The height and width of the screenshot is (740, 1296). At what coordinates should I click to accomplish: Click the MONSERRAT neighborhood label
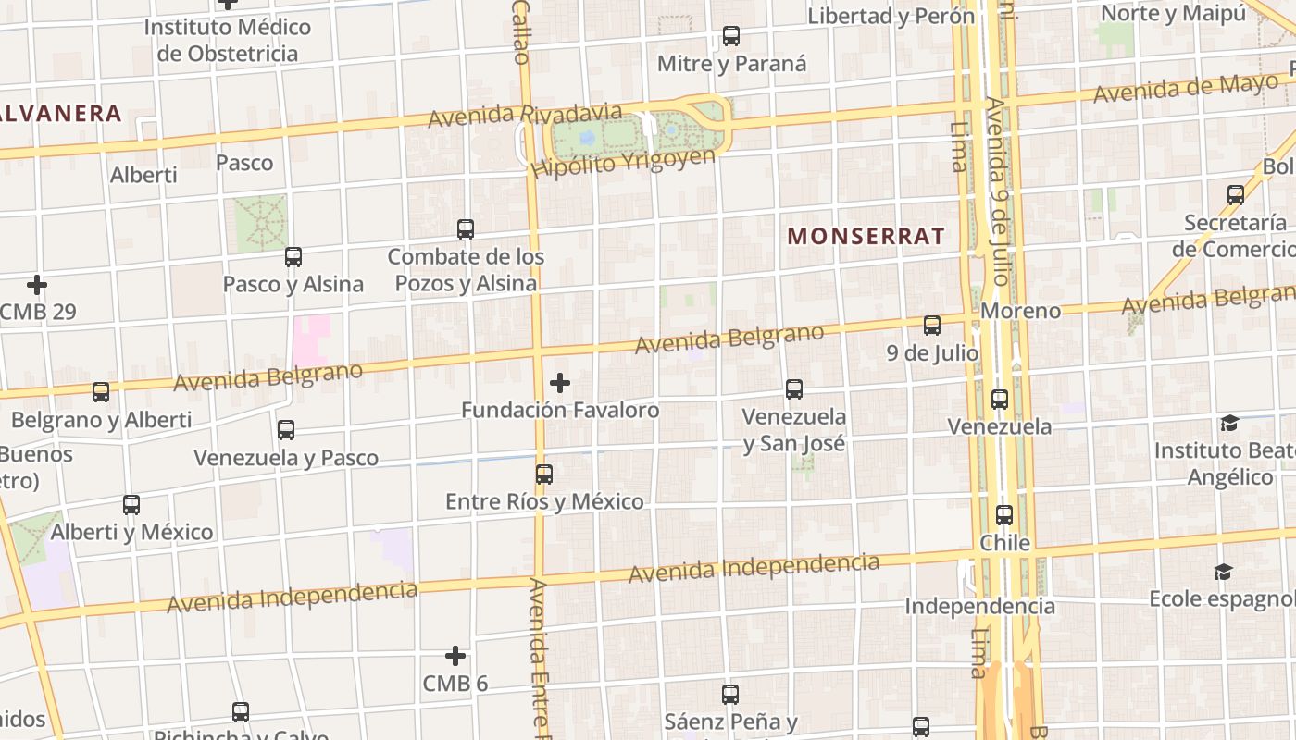click(x=866, y=236)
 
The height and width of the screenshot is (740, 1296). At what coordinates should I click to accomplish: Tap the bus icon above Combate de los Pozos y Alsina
click(x=466, y=228)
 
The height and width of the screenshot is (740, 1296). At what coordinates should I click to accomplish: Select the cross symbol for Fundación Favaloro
click(x=560, y=382)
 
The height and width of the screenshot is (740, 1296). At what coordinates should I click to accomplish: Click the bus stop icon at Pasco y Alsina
click(x=293, y=256)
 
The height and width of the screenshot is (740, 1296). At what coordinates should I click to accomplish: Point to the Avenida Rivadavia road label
click(x=525, y=115)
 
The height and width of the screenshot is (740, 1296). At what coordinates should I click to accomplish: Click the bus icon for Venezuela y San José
click(x=794, y=388)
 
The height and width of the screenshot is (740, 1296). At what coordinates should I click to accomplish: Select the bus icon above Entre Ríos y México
click(x=544, y=474)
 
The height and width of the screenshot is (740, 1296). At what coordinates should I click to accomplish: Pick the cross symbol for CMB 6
click(x=455, y=656)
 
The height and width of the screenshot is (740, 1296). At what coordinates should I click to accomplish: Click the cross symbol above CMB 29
click(x=37, y=284)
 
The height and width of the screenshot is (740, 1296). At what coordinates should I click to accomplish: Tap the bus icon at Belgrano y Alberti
click(x=101, y=391)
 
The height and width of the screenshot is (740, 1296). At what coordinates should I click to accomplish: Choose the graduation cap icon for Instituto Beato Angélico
click(x=1229, y=423)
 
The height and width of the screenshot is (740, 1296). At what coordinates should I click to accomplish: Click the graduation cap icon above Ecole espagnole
click(x=1224, y=572)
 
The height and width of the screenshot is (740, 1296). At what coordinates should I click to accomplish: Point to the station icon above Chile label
click(x=1004, y=515)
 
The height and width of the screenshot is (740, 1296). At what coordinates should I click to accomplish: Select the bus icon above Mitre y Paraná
click(x=731, y=36)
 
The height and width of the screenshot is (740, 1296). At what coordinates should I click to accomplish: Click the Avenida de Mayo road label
click(x=1185, y=90)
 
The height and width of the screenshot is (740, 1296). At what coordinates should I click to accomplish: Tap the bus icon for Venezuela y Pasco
click(x=286, y=429)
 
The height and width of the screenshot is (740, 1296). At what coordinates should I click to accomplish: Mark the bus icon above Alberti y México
click(x=131, y=504)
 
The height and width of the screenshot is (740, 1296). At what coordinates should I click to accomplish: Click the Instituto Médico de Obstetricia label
click(x=227, y=40)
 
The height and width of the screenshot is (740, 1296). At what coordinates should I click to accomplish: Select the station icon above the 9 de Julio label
click(x=932, y=325)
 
